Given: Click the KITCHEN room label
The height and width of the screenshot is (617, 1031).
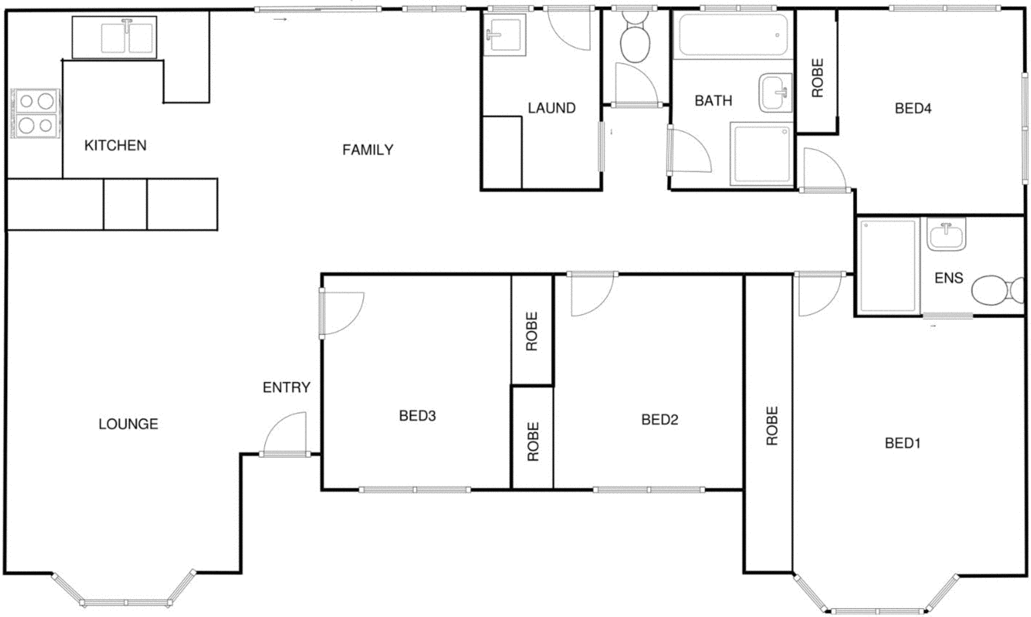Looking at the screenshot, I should click(x=115, y=146).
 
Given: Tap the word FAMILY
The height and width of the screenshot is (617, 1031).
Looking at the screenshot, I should click(x=367, y=150).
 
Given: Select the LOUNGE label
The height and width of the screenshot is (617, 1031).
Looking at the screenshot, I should click(x=128, y=424).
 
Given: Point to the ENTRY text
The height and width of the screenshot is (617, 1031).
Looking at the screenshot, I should click(x=286, y=387).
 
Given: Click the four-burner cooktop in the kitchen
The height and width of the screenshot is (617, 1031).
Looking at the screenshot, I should click(x=35, y=113).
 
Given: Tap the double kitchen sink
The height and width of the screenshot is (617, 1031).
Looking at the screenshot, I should click(x=127, y=37).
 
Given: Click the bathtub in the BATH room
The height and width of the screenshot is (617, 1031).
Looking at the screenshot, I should click(x=732, y=35).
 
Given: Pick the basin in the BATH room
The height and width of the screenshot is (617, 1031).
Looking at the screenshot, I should click(x=775, y=93).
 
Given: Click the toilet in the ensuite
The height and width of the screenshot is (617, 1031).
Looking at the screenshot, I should click(x=995, y=290).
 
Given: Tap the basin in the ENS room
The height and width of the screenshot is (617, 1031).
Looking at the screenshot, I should click(x=946, y=234).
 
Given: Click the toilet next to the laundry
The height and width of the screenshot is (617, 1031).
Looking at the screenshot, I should click(x=635, y=41).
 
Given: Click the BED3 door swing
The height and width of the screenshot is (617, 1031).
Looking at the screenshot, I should click(x=342, y=313).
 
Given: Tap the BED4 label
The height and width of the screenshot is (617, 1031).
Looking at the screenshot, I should click(x=912, y=108).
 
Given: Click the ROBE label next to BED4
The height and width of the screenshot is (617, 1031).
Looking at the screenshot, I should click(x=817, y=78).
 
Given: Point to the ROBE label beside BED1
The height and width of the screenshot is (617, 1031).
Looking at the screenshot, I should click(x=771, y=426).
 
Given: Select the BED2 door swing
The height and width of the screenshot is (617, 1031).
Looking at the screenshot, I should click(x=592, y=294).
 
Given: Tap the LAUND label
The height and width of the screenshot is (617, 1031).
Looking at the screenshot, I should click(x=551, y=108).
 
